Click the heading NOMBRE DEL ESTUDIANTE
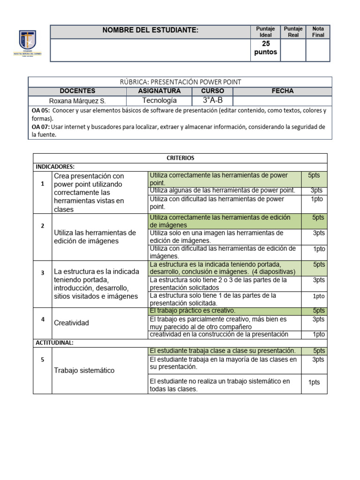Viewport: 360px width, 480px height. tap(150, 30)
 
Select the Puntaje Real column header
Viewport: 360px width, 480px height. tap(293, 32)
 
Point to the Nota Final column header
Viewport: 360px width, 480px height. tap(318, 32)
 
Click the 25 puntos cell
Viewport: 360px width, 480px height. tap(265, 48)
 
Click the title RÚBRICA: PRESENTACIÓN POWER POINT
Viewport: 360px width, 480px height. tap(180, 82)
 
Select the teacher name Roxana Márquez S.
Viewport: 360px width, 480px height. tap(77, 101)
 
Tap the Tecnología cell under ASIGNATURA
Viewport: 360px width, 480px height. tap(159, 101)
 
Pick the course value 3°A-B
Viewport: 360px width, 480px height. tap(212, 101)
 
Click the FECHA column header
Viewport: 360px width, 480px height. tap(283, 91)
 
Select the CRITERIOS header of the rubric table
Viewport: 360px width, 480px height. tap(180, 158)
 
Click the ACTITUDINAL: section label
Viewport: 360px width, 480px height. tap(54, 343)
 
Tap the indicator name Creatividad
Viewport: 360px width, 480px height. tap(71, 323)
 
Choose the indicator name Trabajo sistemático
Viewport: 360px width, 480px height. tap(84, 370)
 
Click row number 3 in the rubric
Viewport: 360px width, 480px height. tap(43, 273)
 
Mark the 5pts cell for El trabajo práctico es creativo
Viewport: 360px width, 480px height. tap(319, 311)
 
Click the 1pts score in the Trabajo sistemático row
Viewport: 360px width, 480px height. tap(314, 382)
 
